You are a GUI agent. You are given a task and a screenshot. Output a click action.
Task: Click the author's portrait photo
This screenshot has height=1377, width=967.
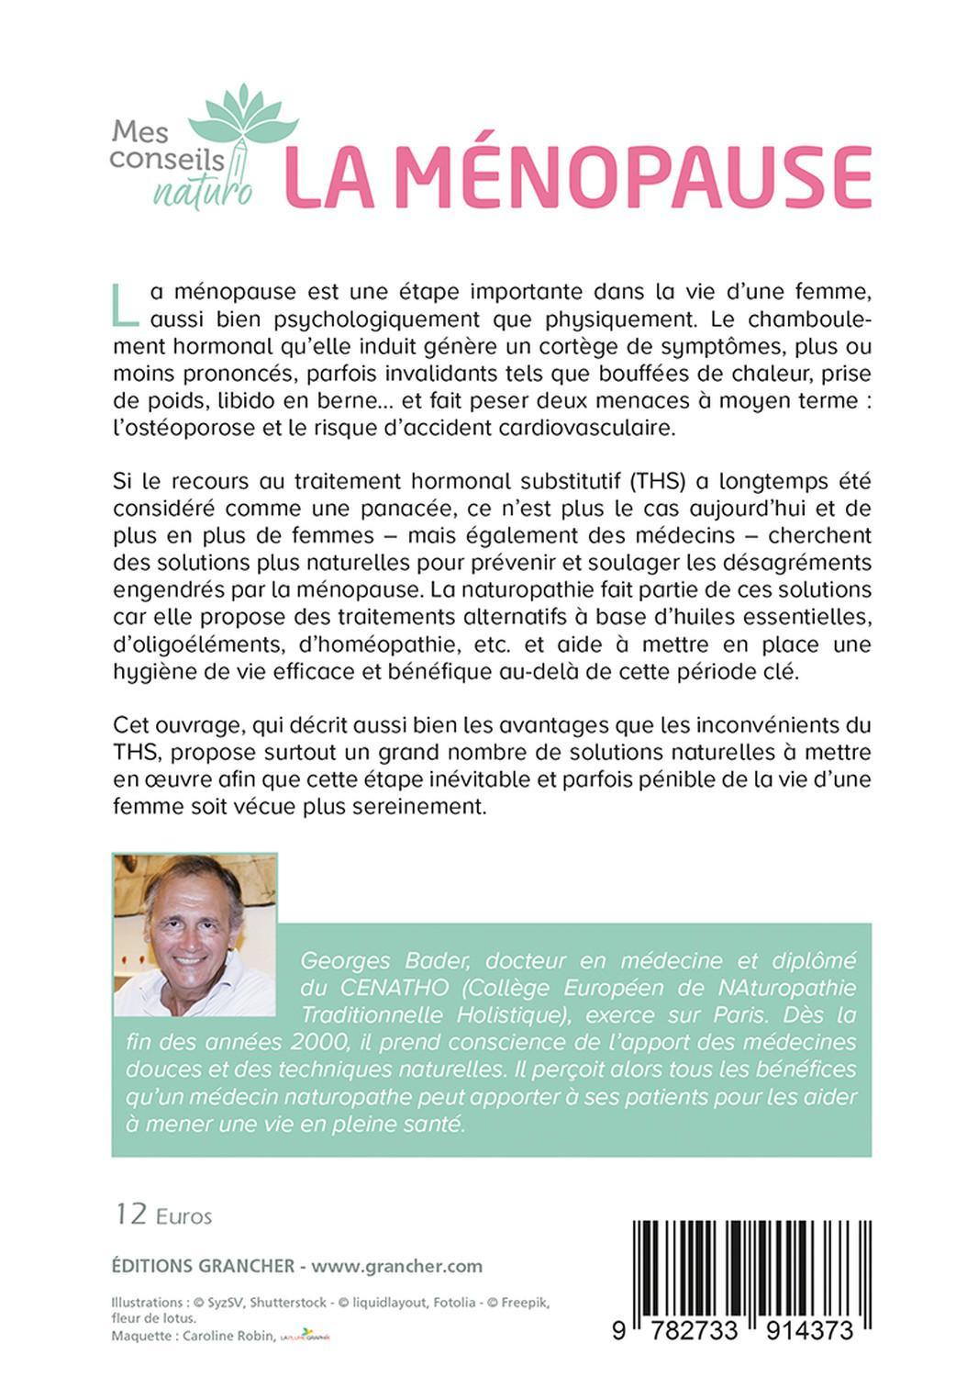194,935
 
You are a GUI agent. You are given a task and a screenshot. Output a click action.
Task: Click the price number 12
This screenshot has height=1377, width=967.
130,1215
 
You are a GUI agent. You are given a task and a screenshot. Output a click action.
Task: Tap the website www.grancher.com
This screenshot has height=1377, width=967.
396,1266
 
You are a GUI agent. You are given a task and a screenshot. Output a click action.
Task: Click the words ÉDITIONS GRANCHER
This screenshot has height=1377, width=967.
202,1266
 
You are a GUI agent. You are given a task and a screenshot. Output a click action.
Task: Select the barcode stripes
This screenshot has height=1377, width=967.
751,1267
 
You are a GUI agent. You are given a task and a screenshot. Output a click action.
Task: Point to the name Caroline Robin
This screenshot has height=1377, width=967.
227,1336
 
